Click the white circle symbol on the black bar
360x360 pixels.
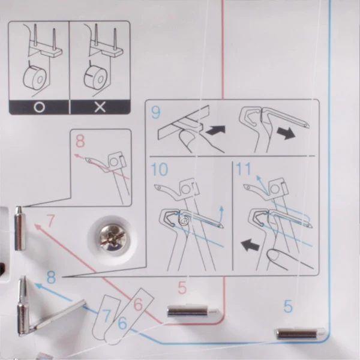[x=39, y=107]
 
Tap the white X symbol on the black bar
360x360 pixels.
[x=100, y=107]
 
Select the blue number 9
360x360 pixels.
[x=156, y=112]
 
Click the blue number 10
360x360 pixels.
[x=160, y=169]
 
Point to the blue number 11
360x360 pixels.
[x=244, y=169]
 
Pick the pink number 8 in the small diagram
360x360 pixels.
[x=80, y=141]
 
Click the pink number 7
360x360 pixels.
[x=50, y=220]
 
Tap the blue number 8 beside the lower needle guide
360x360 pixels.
[x=51, y=277]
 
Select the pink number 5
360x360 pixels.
[x=182, y=287]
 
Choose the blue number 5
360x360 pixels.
[x=288, y=306]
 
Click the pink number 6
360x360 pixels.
[x=138, y=304]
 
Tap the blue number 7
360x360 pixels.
[x=106, y=315]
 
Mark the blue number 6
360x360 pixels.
[x=122, y=323]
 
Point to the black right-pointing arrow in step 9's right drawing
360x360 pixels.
[x=286, y=133]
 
